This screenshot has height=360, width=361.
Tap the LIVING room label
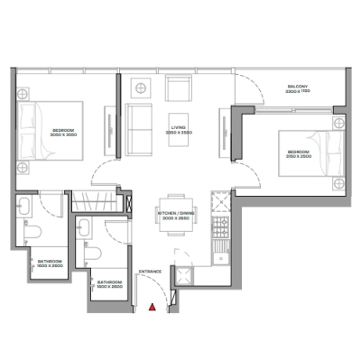point(179,130)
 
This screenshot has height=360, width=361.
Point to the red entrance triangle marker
point(153,308)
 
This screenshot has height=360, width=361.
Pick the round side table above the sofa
point(142,87)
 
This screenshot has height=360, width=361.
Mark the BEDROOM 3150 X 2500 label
point(297,153)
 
